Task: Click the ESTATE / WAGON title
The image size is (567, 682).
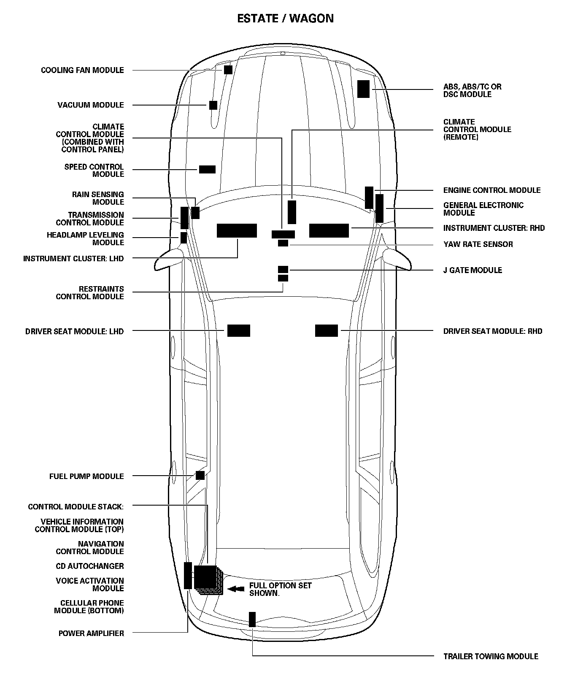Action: pos(285,19)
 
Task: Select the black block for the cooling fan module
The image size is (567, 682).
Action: pos(228,70)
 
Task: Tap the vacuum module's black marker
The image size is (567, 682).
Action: pos(213,105)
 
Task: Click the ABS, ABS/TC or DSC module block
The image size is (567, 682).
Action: pos(363,89)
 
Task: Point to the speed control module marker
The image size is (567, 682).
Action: pos(207,169)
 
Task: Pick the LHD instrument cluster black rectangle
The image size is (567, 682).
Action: pos(237,231)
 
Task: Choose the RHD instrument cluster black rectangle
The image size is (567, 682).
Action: pos(329,231)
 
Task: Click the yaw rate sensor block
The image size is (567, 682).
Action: pos(283,243)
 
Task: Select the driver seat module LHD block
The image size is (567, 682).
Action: pos(239,331)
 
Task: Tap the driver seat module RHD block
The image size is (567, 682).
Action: pos(327,331)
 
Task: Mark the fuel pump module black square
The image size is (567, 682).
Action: pos(200,476)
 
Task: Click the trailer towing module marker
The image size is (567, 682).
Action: pos(252,619)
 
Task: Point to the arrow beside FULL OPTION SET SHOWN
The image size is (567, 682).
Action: pos(236,589)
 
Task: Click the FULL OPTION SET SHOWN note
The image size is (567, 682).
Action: pos(280,589)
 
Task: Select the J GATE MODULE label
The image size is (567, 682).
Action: pos(472,271)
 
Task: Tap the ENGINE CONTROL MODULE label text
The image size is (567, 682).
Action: pos(491,190)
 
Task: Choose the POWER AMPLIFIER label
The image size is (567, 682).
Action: pos(91,633)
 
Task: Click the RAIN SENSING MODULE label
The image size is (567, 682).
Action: pos(98,198)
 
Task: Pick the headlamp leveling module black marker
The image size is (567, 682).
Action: pos(184,238)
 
